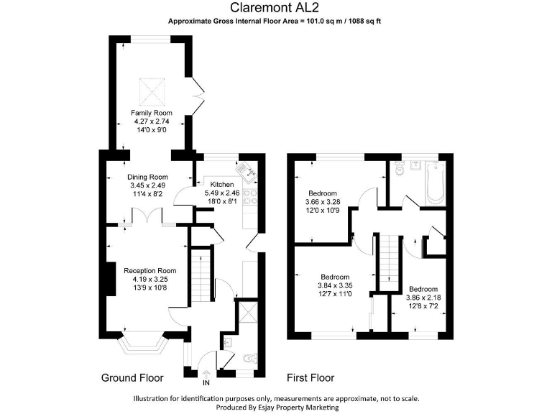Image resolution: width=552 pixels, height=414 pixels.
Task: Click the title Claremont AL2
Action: pos(275,8)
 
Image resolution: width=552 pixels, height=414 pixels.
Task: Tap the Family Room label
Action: pos(152,113)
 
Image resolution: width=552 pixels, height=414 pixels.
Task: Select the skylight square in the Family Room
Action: pos(152,90)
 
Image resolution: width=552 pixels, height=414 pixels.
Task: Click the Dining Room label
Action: pos(147,177)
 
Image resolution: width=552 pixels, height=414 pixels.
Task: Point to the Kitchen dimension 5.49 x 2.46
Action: pos(221,193)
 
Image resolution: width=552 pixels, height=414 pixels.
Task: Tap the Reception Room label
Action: pos(149,270)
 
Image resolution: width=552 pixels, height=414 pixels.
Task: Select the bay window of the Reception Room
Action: pos(144,346)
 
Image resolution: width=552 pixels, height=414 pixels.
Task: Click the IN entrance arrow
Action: pos(206,375)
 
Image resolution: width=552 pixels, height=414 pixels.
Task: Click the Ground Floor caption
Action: pos(132,378)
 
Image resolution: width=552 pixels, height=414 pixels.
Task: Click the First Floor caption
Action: pos(310,378)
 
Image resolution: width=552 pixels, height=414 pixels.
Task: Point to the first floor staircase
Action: pos(387,262)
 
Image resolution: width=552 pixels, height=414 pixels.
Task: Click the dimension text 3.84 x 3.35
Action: pos(335,286)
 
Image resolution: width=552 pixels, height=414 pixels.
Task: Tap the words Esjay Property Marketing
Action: pos(300,408)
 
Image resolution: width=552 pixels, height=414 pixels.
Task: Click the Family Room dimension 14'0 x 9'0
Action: pos(152,130)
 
